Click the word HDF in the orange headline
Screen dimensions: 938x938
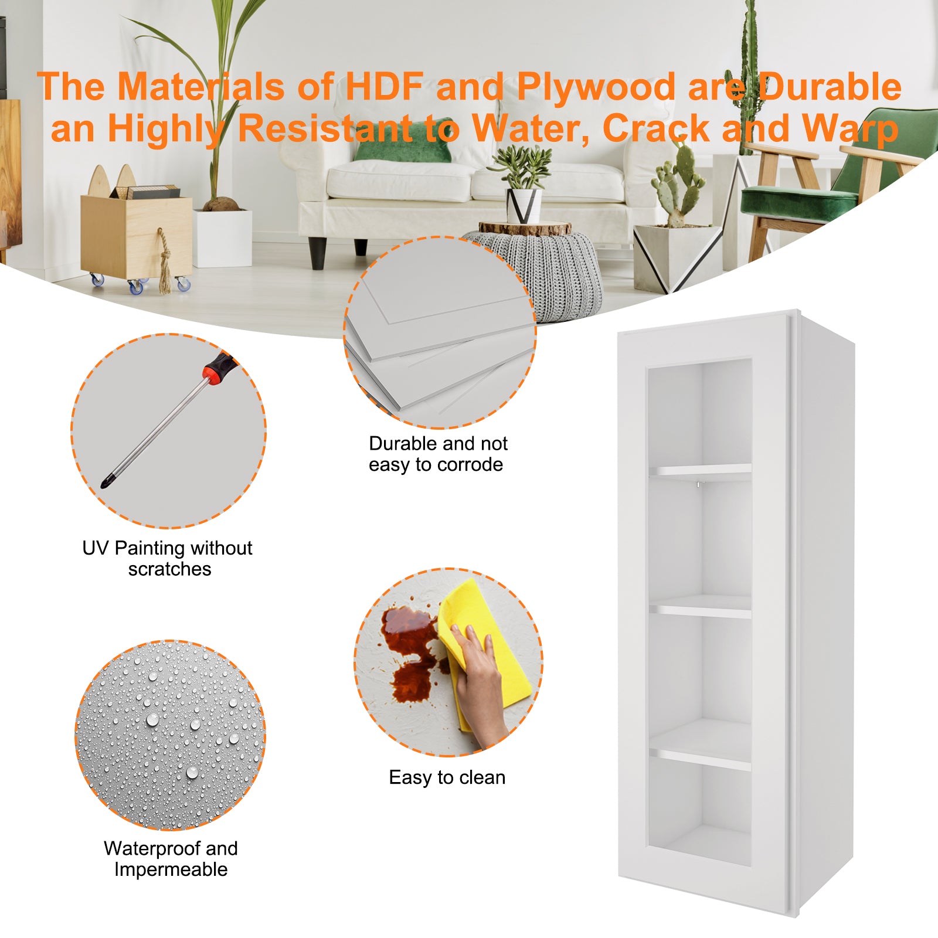tap(384, 87)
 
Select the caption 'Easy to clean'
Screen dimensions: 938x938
tap(447, 777)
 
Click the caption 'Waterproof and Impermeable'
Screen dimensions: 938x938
tap(171, 859)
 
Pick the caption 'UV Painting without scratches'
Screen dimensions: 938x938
tap(168, 558)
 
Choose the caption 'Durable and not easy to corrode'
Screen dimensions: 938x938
tap(437, 454)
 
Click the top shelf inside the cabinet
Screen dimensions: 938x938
tap(700, 470)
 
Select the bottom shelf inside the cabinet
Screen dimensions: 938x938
tap(700, 757)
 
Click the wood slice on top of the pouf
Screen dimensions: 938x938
tap(525, 228)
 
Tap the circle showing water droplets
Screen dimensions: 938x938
tap(170, 735)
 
